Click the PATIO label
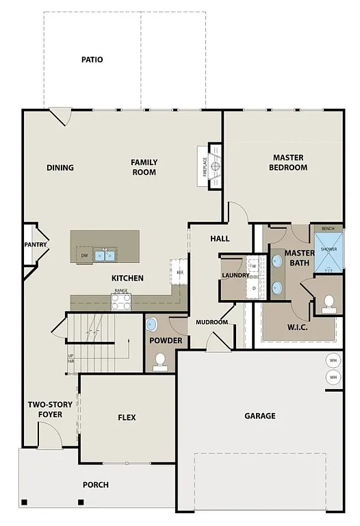tap(92, 60)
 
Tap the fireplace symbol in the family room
tap(215, 166)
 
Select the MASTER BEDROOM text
tap(287, 162)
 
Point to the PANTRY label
tap(34, 245)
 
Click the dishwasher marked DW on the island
tap(84, 255)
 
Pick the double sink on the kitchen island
tap(105, 255)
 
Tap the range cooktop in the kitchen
tap(121, 301)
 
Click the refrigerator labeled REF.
tap(180, 272)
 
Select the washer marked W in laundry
tap(253, 266)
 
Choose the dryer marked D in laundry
tap(253, 288)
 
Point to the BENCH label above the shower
tap(329, 228)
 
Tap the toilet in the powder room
tap(161, 360)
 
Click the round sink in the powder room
tap(152, 324)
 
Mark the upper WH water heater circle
tap(333, 361)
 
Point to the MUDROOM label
tap(211, 322)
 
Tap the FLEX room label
tap(127, 418)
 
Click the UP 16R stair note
tap(70, 360)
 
